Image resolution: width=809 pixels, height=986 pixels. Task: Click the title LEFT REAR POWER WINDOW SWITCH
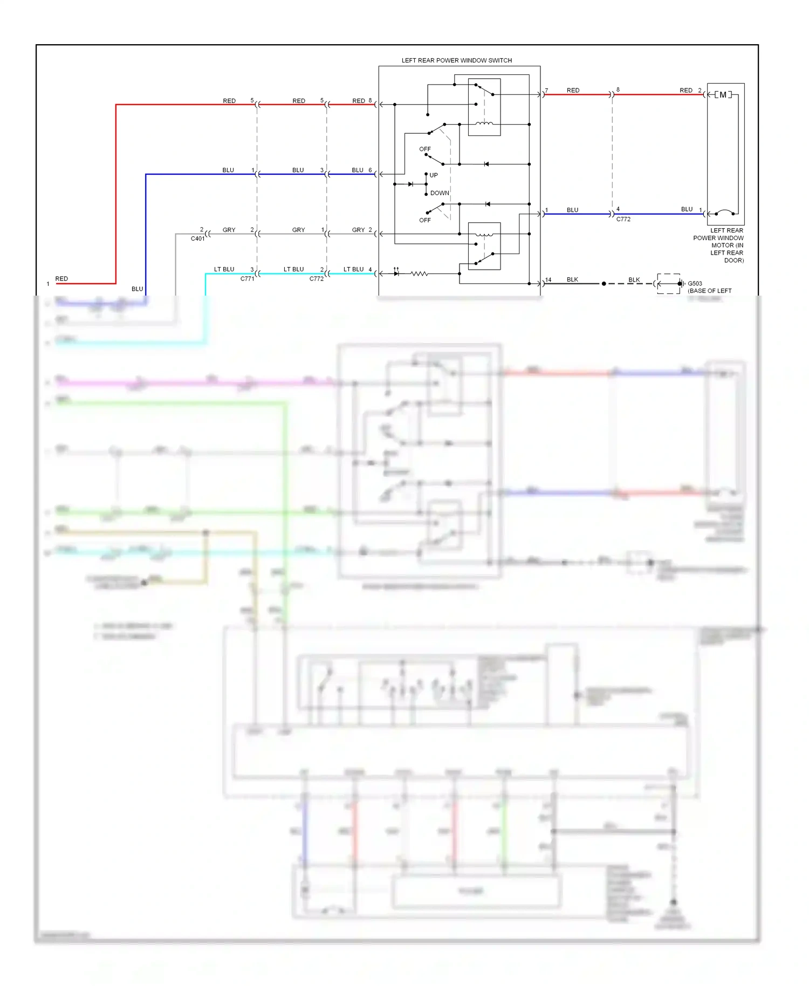click(456, 60)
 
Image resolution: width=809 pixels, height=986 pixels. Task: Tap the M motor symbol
click(723, 95)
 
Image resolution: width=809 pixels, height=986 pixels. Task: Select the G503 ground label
click(695, 284)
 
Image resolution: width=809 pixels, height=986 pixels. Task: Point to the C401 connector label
click(197, 238)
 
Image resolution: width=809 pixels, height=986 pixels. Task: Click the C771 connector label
click(247, 279)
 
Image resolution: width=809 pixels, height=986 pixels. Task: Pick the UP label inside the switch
click(434, 175)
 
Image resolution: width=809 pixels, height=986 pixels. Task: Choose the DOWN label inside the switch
click(440, 193)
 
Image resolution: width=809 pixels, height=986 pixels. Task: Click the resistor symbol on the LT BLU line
click(420, 274)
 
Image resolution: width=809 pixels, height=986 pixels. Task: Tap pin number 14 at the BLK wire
click(549, 280)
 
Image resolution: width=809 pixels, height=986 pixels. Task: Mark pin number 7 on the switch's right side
click(547, 91)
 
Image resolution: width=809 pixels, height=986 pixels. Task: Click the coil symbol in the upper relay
click(484, 124)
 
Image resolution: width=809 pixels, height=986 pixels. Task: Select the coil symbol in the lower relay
click(484, 234)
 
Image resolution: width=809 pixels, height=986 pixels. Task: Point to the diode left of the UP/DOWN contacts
click(411, 184)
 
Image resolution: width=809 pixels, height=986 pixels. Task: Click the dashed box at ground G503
click(669, 284)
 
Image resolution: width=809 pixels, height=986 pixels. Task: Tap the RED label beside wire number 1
click(61, 279)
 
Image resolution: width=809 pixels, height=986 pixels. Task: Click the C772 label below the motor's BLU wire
click(623, 220)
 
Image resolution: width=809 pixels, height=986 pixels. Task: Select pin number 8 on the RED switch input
click(370, 100)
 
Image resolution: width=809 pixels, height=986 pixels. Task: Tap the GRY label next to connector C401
click(229, 230)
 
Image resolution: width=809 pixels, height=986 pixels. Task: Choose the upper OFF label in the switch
click(425, 149)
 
